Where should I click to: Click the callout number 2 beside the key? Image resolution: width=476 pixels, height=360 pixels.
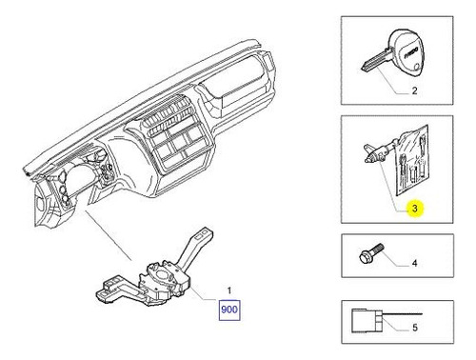pos(414,90)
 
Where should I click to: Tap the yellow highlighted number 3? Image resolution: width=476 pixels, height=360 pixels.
pos(414,209)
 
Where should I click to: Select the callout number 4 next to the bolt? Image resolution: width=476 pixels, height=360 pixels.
pos(414,263)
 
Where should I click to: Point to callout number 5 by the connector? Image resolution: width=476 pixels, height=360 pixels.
pos(415,328)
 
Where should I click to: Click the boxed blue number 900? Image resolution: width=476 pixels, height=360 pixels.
pos(228,310)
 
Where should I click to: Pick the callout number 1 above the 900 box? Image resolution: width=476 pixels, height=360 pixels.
pos(229,290)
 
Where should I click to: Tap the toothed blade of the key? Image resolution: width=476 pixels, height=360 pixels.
pos(375,61)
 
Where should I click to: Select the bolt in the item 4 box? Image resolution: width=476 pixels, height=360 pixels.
pos(371,252)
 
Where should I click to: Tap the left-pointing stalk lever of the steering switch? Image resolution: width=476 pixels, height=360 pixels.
pos(117,290)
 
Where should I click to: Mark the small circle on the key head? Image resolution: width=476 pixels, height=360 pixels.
pos(418,67)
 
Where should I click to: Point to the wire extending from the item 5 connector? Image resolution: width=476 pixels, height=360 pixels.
pos(403,313)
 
